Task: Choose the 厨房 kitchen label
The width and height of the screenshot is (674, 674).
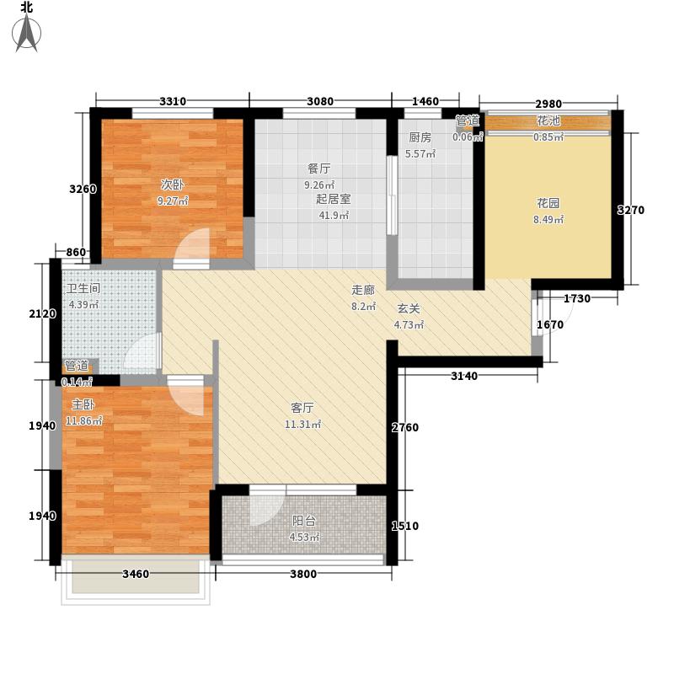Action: (420, 137)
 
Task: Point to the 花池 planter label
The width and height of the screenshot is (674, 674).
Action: (548, 121)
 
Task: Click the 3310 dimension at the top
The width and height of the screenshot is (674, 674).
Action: (173, 102)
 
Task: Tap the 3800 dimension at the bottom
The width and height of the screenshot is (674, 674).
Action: (303, 575)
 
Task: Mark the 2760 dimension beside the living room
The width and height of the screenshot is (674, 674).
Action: (404, 428)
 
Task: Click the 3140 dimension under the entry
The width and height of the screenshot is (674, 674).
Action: (463, 376)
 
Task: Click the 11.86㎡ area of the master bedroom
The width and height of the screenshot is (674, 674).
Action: (85, 420)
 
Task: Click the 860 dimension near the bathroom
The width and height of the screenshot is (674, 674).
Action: (76, 252)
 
